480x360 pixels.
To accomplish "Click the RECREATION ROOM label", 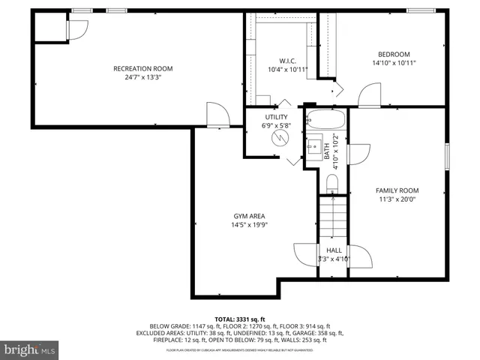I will pyautogui.click(x=137, y=68).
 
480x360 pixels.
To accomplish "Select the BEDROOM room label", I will pyautogui.click(x=393, y=54).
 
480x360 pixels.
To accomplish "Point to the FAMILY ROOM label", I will pyautogui.click(x=397, y=190).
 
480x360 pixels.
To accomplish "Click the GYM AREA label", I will pyautogui.click(x=248, y=215).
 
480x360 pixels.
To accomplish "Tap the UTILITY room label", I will pyautogui.click(x=276, y=117).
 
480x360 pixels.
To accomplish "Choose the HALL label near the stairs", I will pyautogui.click(x=334, y=250).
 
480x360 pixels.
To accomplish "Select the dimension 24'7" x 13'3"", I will pyautogui.click(x=137, y=76).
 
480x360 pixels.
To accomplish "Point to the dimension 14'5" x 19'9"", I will pyautogui.click(x=248, y=224).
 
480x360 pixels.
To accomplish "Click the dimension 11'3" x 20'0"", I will pyautogui.click(x=397, y=199).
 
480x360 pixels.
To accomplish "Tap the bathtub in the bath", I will pyautogui.click(x=325, y=120).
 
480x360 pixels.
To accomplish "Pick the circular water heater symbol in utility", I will pyautogui.click(x=279, y=139).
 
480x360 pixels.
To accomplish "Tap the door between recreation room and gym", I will pyautogui.click(x=217, y=115).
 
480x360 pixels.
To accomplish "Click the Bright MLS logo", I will pyautogui.click(x=30, y=349).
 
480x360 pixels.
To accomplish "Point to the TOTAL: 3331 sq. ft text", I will pyautogui.click(x=240, y=319).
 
